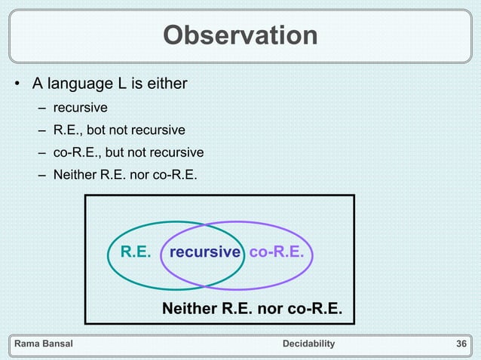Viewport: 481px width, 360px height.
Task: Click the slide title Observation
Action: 240,35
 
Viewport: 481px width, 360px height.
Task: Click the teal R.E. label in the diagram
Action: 136,252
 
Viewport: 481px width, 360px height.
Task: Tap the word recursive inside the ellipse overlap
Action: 204,252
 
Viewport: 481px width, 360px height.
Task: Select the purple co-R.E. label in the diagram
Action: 277,252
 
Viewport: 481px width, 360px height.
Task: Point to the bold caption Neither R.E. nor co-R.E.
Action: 253,309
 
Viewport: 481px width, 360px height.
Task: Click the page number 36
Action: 461,344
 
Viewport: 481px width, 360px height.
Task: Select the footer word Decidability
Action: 308,344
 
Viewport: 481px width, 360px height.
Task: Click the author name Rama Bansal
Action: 44,344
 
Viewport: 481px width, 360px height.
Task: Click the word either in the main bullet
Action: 166,83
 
